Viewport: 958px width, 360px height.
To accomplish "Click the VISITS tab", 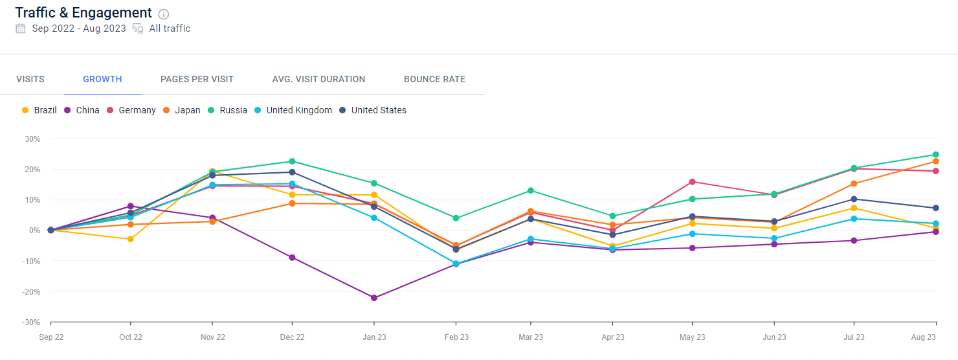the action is point(30,79).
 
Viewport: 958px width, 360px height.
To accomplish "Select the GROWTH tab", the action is point(103,79).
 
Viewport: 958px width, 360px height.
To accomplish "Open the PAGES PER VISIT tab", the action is point(197,79).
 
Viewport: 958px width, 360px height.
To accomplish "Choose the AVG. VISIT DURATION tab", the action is point(318,79).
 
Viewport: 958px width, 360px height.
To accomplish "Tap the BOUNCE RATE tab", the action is point(434,79).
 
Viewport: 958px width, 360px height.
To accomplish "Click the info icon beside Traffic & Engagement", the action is point(163,14).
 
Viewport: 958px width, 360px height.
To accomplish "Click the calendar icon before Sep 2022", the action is point(21,28).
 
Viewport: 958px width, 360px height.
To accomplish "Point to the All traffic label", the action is point(170,28).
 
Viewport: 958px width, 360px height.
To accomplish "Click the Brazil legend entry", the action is point(39,110).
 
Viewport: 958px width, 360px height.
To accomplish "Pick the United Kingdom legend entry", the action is point(293,110).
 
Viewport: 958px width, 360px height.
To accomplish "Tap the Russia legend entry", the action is point(227,110).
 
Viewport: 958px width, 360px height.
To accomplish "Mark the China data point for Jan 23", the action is point(374,298).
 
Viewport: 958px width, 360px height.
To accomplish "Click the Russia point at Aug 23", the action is point(936,155).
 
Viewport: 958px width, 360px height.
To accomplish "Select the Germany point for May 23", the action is point(693,182).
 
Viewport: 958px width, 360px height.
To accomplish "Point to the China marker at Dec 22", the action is point(292,258).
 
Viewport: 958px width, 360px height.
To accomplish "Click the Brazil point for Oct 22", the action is point(131,239).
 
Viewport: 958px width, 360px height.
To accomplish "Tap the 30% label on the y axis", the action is point(32,139).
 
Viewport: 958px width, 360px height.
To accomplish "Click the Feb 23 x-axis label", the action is point(456,337).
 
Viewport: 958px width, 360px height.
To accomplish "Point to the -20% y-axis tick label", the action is point(31,292).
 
